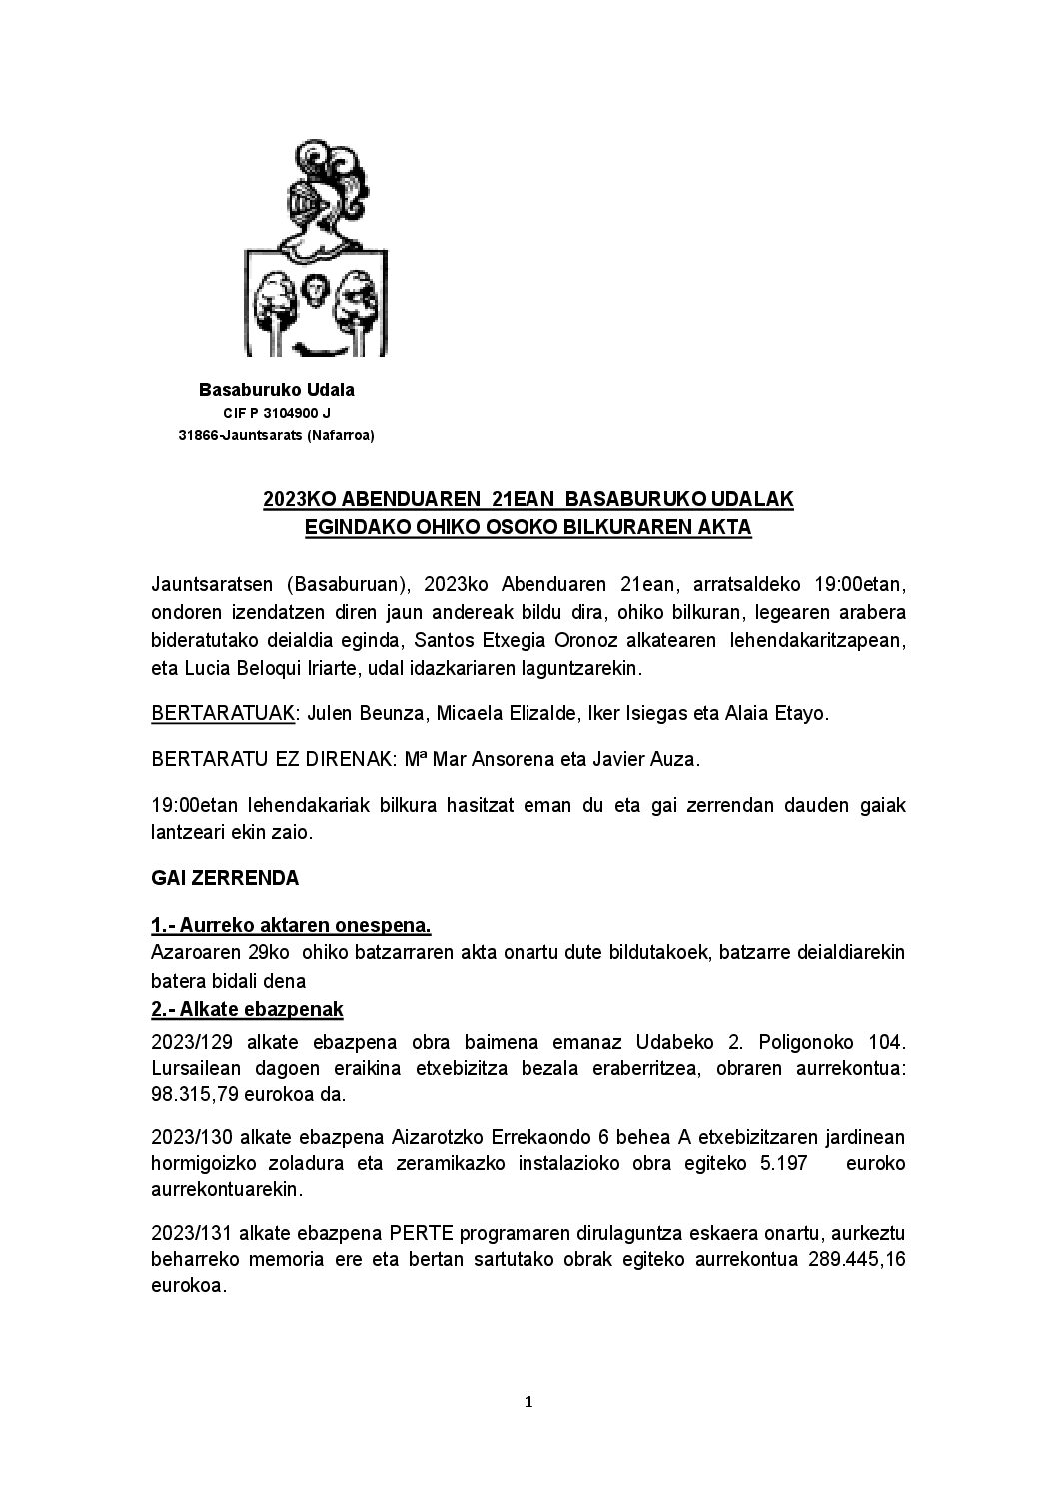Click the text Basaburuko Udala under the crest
(x=277, y=390)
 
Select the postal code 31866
(x=198, y=434)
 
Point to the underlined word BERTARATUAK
(x=223, y=714)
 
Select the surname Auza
(x=678, y=759)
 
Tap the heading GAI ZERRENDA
(x=225, y=879)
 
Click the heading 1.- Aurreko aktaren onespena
(x=291, y=925)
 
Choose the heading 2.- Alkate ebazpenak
(x=247, y=1009)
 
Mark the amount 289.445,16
(x=854, y=1259)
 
